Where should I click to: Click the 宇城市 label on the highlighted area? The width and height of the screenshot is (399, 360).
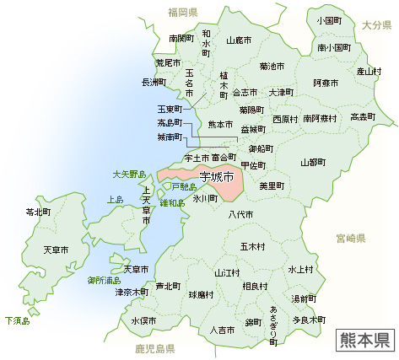tap(217, 177)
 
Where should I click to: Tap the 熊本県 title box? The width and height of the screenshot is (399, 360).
tap(364, 338)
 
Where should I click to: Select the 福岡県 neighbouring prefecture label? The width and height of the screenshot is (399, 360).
tap(182, 12)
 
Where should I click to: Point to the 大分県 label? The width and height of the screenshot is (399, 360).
tap(378, 26)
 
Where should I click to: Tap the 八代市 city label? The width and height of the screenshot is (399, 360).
tap(240, 215)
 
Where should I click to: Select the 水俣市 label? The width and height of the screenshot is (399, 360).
tap(143, 321)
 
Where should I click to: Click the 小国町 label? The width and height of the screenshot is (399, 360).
tap(328, 19)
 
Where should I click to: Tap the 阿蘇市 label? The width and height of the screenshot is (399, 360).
tap(325, 83)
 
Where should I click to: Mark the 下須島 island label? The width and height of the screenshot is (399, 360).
tap(17, 320)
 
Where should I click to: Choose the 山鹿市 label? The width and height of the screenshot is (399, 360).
tap(240, 39)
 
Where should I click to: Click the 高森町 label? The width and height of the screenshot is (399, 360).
tap(364, 116)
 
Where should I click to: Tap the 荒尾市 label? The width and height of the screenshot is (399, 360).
tap(156, 62)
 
